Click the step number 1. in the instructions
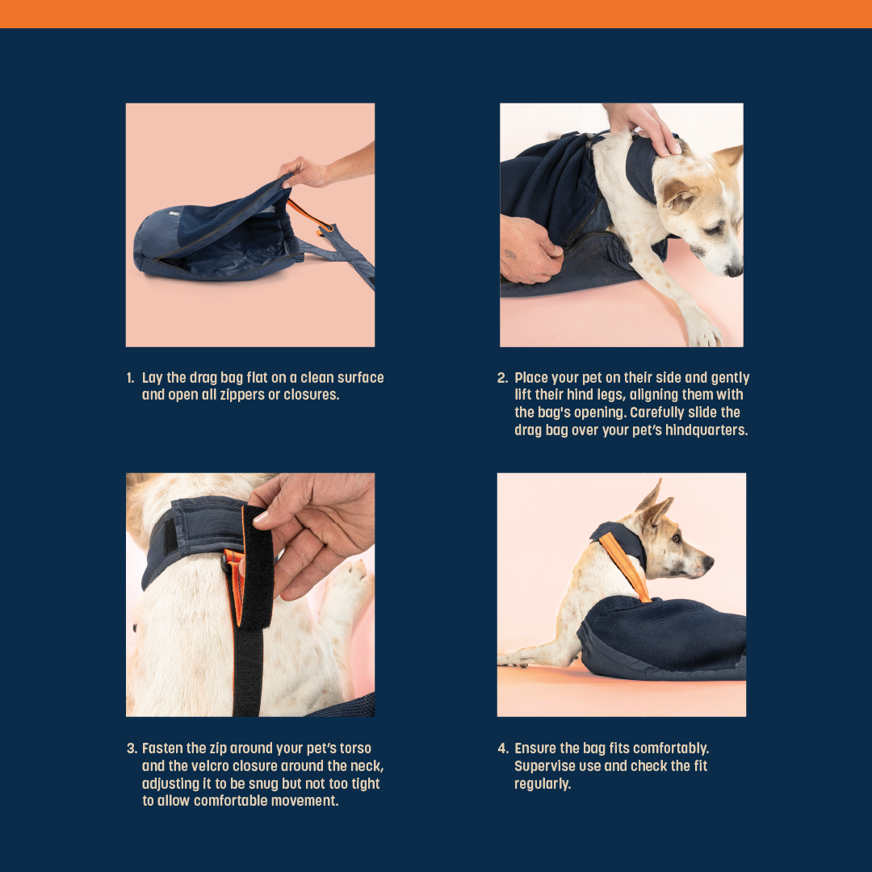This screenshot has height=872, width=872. point(130,378)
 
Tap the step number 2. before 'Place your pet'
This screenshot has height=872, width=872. point(502,378)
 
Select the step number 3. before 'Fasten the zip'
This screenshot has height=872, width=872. point(132,748)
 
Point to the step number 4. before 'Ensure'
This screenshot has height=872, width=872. point(503,748)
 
